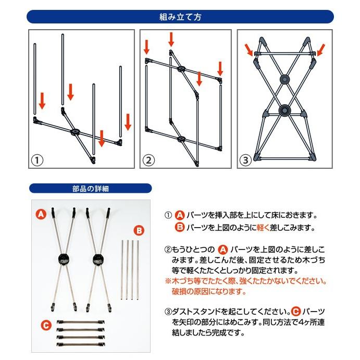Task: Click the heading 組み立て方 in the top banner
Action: tap(180, 17)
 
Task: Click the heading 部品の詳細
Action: tap(90, 189)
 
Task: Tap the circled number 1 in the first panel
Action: tap(37, 160)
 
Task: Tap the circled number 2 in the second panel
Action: tap(148, 160)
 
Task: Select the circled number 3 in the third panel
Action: tap(245, 160)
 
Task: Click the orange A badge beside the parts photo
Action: tap(41, 214)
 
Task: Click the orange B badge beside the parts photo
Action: tap(139, 230)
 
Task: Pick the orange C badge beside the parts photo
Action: tap(46, 325)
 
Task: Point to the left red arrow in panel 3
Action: tap(249, 50)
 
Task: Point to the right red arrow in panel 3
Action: tap(320, 50)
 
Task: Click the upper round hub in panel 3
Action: tap(284, 79)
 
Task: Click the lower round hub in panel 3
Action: tap(284, 110)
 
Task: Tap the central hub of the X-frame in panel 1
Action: tap(75, 132)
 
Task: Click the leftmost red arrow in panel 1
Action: tap(42, 101)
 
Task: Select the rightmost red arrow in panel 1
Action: tap(128, 122)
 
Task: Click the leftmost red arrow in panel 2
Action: tap(146, 47)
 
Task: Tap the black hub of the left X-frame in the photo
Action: tap(64, 259)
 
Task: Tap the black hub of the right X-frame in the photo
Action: tap(98, 259)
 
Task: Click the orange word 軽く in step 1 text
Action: tap(263, 228)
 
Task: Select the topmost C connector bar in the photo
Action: tap(81, 322)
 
